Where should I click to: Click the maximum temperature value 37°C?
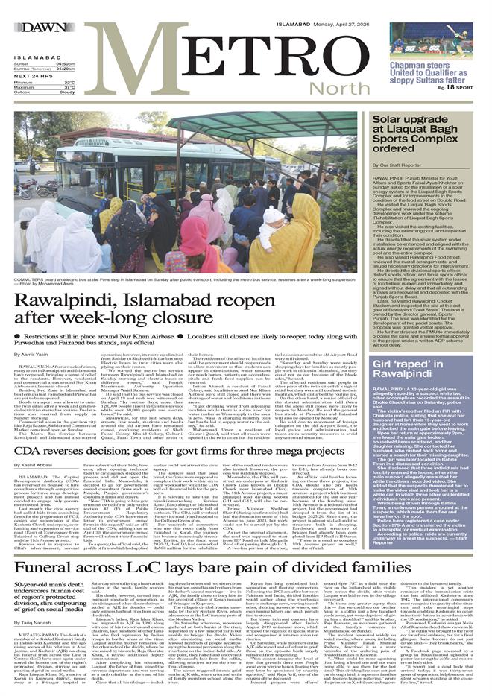coord(69,86)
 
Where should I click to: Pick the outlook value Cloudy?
coord(66,92)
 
